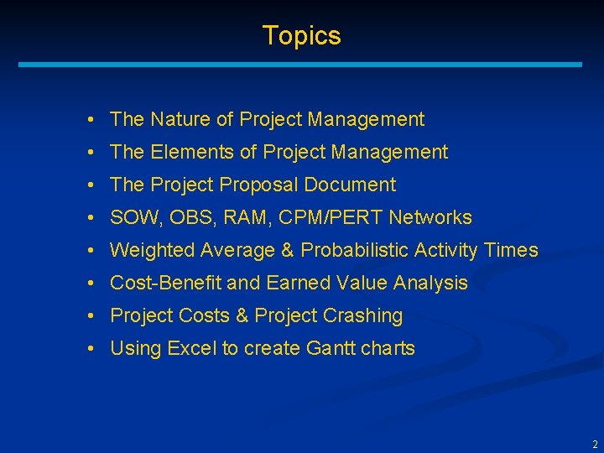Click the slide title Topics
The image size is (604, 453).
301,35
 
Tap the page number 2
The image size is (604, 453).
595,445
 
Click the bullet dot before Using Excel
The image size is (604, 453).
89,349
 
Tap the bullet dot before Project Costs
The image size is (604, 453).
89,316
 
